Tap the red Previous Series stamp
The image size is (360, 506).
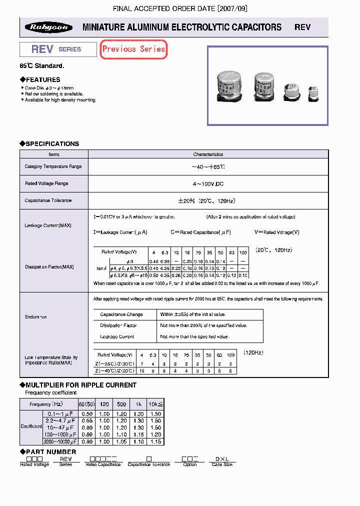pyautogui.click(x=133, y=49)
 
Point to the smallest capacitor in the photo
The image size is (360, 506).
pyautogui.click(x=313, y=93)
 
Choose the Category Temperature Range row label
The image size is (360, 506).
pyautogui.click(x=53, y=166)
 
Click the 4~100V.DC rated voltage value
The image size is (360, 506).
pyautogui.click(x=208, y=183)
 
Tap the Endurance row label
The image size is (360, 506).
pyautogui.click(x=36, y=317)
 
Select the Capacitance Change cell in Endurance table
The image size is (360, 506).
pyautogui.click(x=121, y=314)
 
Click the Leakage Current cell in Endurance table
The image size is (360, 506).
pyautogui.click(x=117, y=336)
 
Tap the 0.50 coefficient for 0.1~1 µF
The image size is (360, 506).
pyautogui.click(x=86, y=414)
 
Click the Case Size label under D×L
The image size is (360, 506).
pyautogui.click(x=222, y=464)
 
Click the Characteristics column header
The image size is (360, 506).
pyautogui.click(x=208, y=154)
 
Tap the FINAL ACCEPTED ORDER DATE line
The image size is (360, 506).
pyautogui.click(x=180, y=8)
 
